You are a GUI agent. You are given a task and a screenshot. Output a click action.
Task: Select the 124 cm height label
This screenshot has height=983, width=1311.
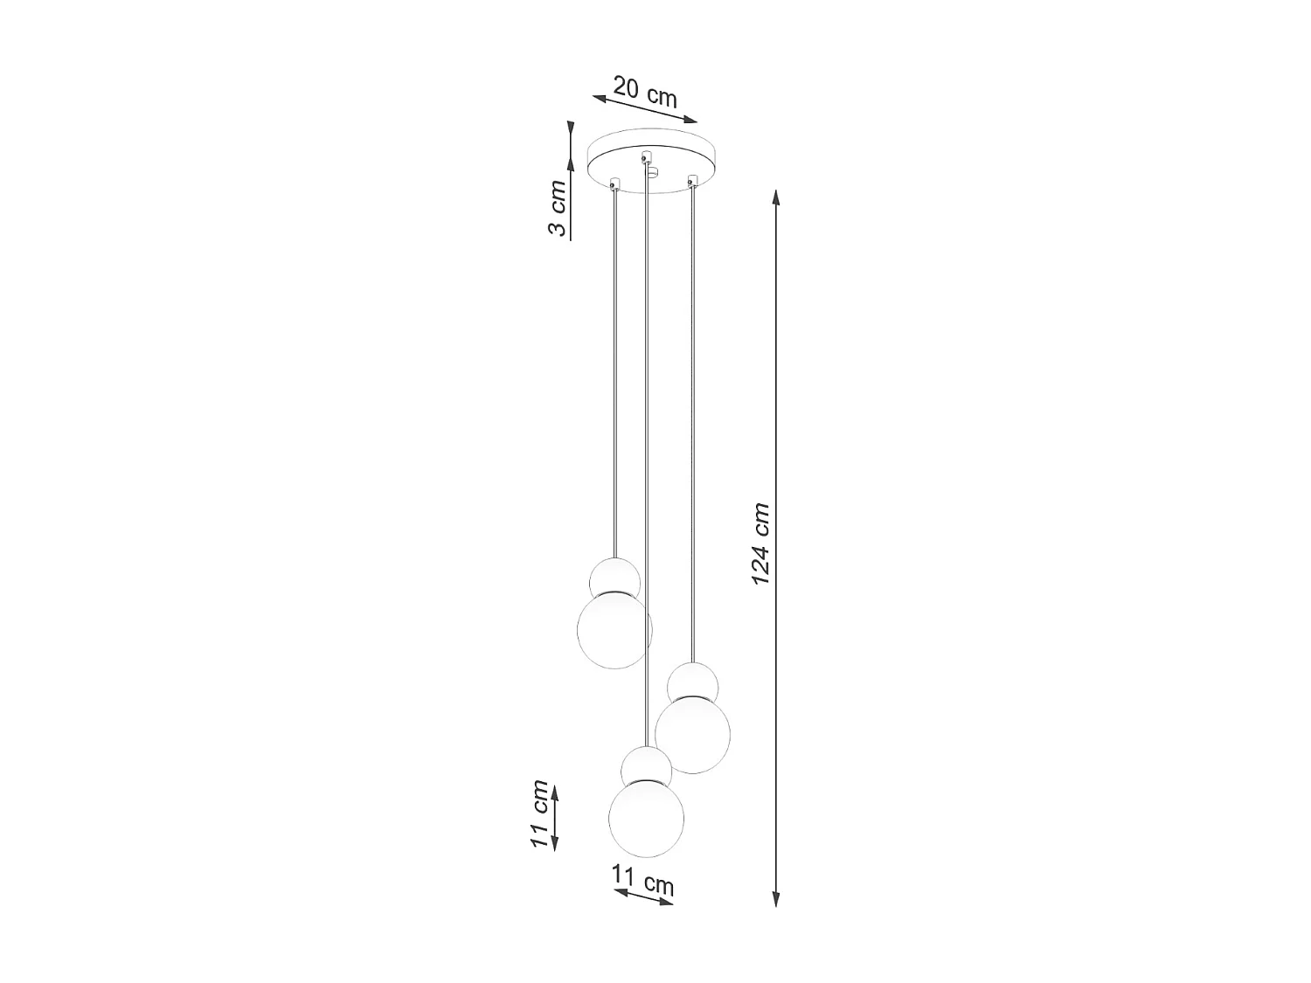pos(760,543)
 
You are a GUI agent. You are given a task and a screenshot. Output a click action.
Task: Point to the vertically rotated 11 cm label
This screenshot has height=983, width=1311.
pos(539,814)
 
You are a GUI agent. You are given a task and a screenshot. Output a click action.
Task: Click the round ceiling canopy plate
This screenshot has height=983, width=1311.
pos(651,163)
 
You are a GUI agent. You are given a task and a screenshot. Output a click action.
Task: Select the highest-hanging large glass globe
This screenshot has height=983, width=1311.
pos(614,629)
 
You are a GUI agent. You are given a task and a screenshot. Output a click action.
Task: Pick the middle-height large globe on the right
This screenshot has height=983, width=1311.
pos(692,735)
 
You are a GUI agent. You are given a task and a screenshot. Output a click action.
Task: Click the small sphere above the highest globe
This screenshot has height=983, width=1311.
pos(615,578)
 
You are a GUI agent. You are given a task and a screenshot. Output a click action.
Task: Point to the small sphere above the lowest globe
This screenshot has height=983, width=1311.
pos(646,768)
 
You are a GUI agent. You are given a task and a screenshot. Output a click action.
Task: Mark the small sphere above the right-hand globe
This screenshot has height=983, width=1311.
pos(693,682)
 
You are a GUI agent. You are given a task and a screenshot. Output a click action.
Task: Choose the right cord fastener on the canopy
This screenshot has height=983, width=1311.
pos(693,181)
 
